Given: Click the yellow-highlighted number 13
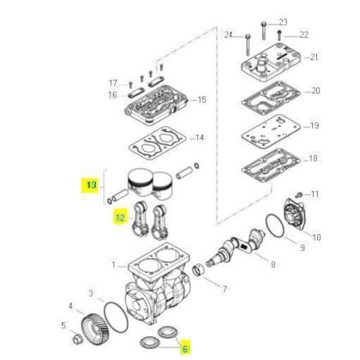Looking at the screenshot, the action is (92, 185).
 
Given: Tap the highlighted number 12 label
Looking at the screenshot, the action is (121, 218).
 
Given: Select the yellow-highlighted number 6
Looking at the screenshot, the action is (185, 349).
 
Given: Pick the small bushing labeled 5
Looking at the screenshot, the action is (77, 339).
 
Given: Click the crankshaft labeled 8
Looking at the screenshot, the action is (236, 247).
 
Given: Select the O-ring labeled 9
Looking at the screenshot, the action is (275, 225).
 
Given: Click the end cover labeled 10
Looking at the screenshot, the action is (293, 213).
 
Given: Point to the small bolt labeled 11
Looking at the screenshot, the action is (299, 195).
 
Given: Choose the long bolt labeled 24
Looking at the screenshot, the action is (248, 45).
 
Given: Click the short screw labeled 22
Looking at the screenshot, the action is (279, 36).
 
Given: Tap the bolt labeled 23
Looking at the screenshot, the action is (264, 31).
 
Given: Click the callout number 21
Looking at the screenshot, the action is (314, 57).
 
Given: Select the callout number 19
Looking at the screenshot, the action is (315, 126).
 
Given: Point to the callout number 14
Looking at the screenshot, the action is (200, 138).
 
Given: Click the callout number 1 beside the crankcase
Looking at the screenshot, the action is (114, 265).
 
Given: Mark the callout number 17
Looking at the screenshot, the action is (113, 83).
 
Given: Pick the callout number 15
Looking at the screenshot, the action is (201, 99).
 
